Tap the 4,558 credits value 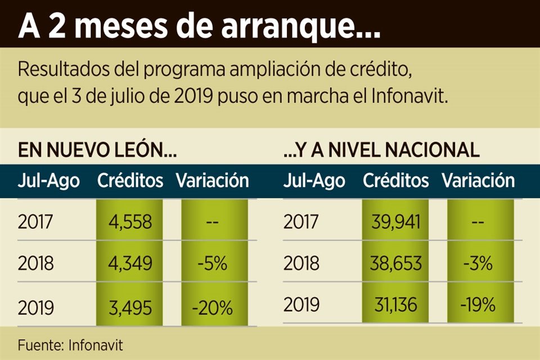[x=130, y=222]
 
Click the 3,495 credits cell [x=130, y=308]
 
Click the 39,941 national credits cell [x=395, y=222]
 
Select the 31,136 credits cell [x=395, y=305]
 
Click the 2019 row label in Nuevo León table [x=35, y=308]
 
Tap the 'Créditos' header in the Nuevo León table [x=130, y=181]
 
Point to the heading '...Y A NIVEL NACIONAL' [x=381, y=150]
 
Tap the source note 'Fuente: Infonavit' [x=70, y=344]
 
